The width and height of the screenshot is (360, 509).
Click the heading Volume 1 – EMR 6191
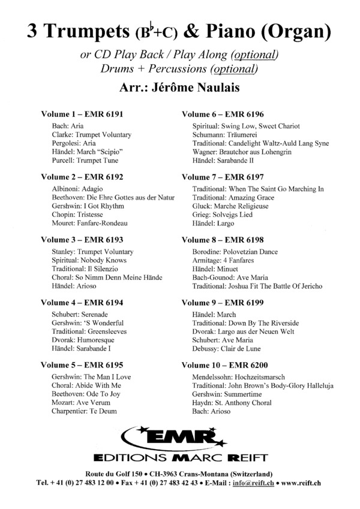click(82, 114)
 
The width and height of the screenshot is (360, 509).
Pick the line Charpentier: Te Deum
click(88, 411)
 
